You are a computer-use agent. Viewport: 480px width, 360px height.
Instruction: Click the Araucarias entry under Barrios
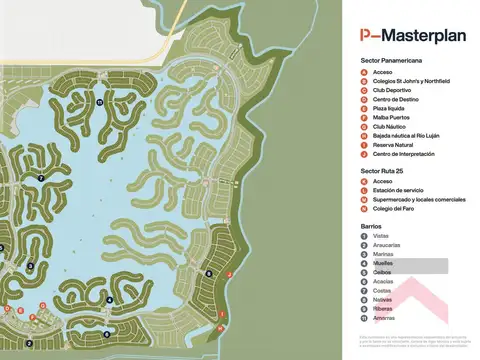(386, 245)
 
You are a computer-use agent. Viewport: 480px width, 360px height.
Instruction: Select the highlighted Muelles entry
(382, 263)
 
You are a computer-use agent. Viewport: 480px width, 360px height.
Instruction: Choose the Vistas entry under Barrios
(380, 236)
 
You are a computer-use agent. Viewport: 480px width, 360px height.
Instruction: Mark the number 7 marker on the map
(40, 178)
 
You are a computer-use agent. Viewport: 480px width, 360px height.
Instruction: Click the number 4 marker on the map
(108, 298)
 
